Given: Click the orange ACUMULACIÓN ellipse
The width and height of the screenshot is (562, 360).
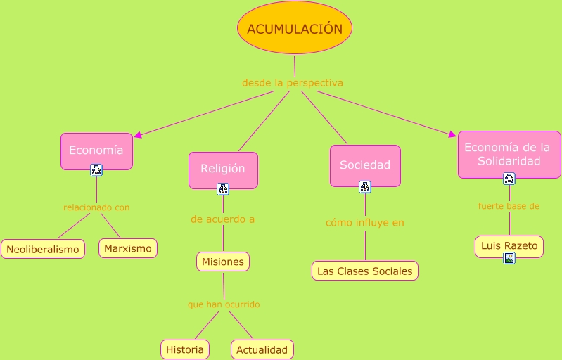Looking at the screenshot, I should click(295, 29).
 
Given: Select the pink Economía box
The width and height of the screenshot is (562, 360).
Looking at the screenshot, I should click(96, 150).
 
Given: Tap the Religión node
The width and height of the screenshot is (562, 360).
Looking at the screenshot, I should click(223, 169).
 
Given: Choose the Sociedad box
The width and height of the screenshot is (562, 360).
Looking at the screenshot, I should click(365, 165).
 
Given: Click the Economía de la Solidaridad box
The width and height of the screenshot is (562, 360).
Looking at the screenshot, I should click(509, 154).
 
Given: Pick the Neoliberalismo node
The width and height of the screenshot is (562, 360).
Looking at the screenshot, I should click(43, 249).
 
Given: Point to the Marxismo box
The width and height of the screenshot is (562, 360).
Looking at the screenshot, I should click(127, 248).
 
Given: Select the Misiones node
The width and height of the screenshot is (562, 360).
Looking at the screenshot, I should click(223, 262).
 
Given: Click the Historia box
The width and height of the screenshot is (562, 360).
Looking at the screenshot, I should click(185, 349).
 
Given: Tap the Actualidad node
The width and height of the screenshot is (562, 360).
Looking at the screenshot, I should click(262, 349).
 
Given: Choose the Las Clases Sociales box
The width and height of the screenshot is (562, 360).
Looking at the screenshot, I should click(365, 271).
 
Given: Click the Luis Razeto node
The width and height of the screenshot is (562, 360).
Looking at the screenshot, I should click(509, 245).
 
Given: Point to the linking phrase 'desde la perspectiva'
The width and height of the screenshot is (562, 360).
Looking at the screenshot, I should click(293, 83).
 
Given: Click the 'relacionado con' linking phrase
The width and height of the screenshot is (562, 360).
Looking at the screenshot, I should click(96, 207).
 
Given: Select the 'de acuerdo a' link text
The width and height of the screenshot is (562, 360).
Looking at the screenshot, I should click(223, 219).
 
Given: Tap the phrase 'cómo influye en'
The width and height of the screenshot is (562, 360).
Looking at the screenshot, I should click(365, 223).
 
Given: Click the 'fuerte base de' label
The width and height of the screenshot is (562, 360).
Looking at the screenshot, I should click(509, 206).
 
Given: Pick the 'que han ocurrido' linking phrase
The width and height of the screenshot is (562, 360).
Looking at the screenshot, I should click(224, 304).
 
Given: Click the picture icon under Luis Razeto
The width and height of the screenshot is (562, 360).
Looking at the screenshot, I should click(509, 258).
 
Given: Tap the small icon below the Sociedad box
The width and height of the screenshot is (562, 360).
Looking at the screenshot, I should click(365, 187).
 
